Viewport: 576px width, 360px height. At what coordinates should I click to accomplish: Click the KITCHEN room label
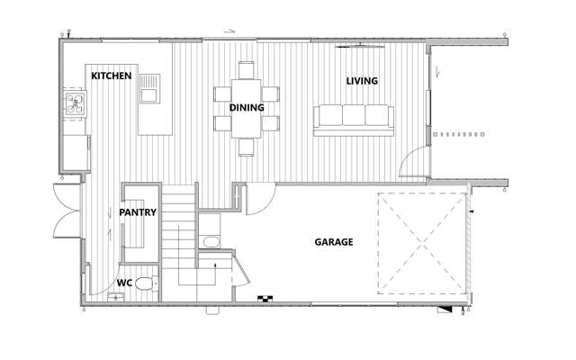112,76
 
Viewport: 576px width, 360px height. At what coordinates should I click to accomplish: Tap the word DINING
246,107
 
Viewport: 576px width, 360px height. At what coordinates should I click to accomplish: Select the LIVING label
362,81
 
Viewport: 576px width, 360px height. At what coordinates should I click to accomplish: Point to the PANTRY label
138,213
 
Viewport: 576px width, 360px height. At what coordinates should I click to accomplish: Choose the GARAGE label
333,242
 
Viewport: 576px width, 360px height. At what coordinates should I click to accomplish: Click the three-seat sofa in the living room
353,118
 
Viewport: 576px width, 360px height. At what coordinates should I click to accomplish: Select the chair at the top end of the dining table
246,69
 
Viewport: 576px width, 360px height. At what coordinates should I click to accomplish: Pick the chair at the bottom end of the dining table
246,147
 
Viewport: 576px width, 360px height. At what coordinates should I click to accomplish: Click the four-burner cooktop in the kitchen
74,106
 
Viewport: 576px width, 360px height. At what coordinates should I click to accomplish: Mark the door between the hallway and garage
258,197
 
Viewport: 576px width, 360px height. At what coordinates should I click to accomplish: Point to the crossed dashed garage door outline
420,243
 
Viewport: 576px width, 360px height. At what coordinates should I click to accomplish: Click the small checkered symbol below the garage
265,298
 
